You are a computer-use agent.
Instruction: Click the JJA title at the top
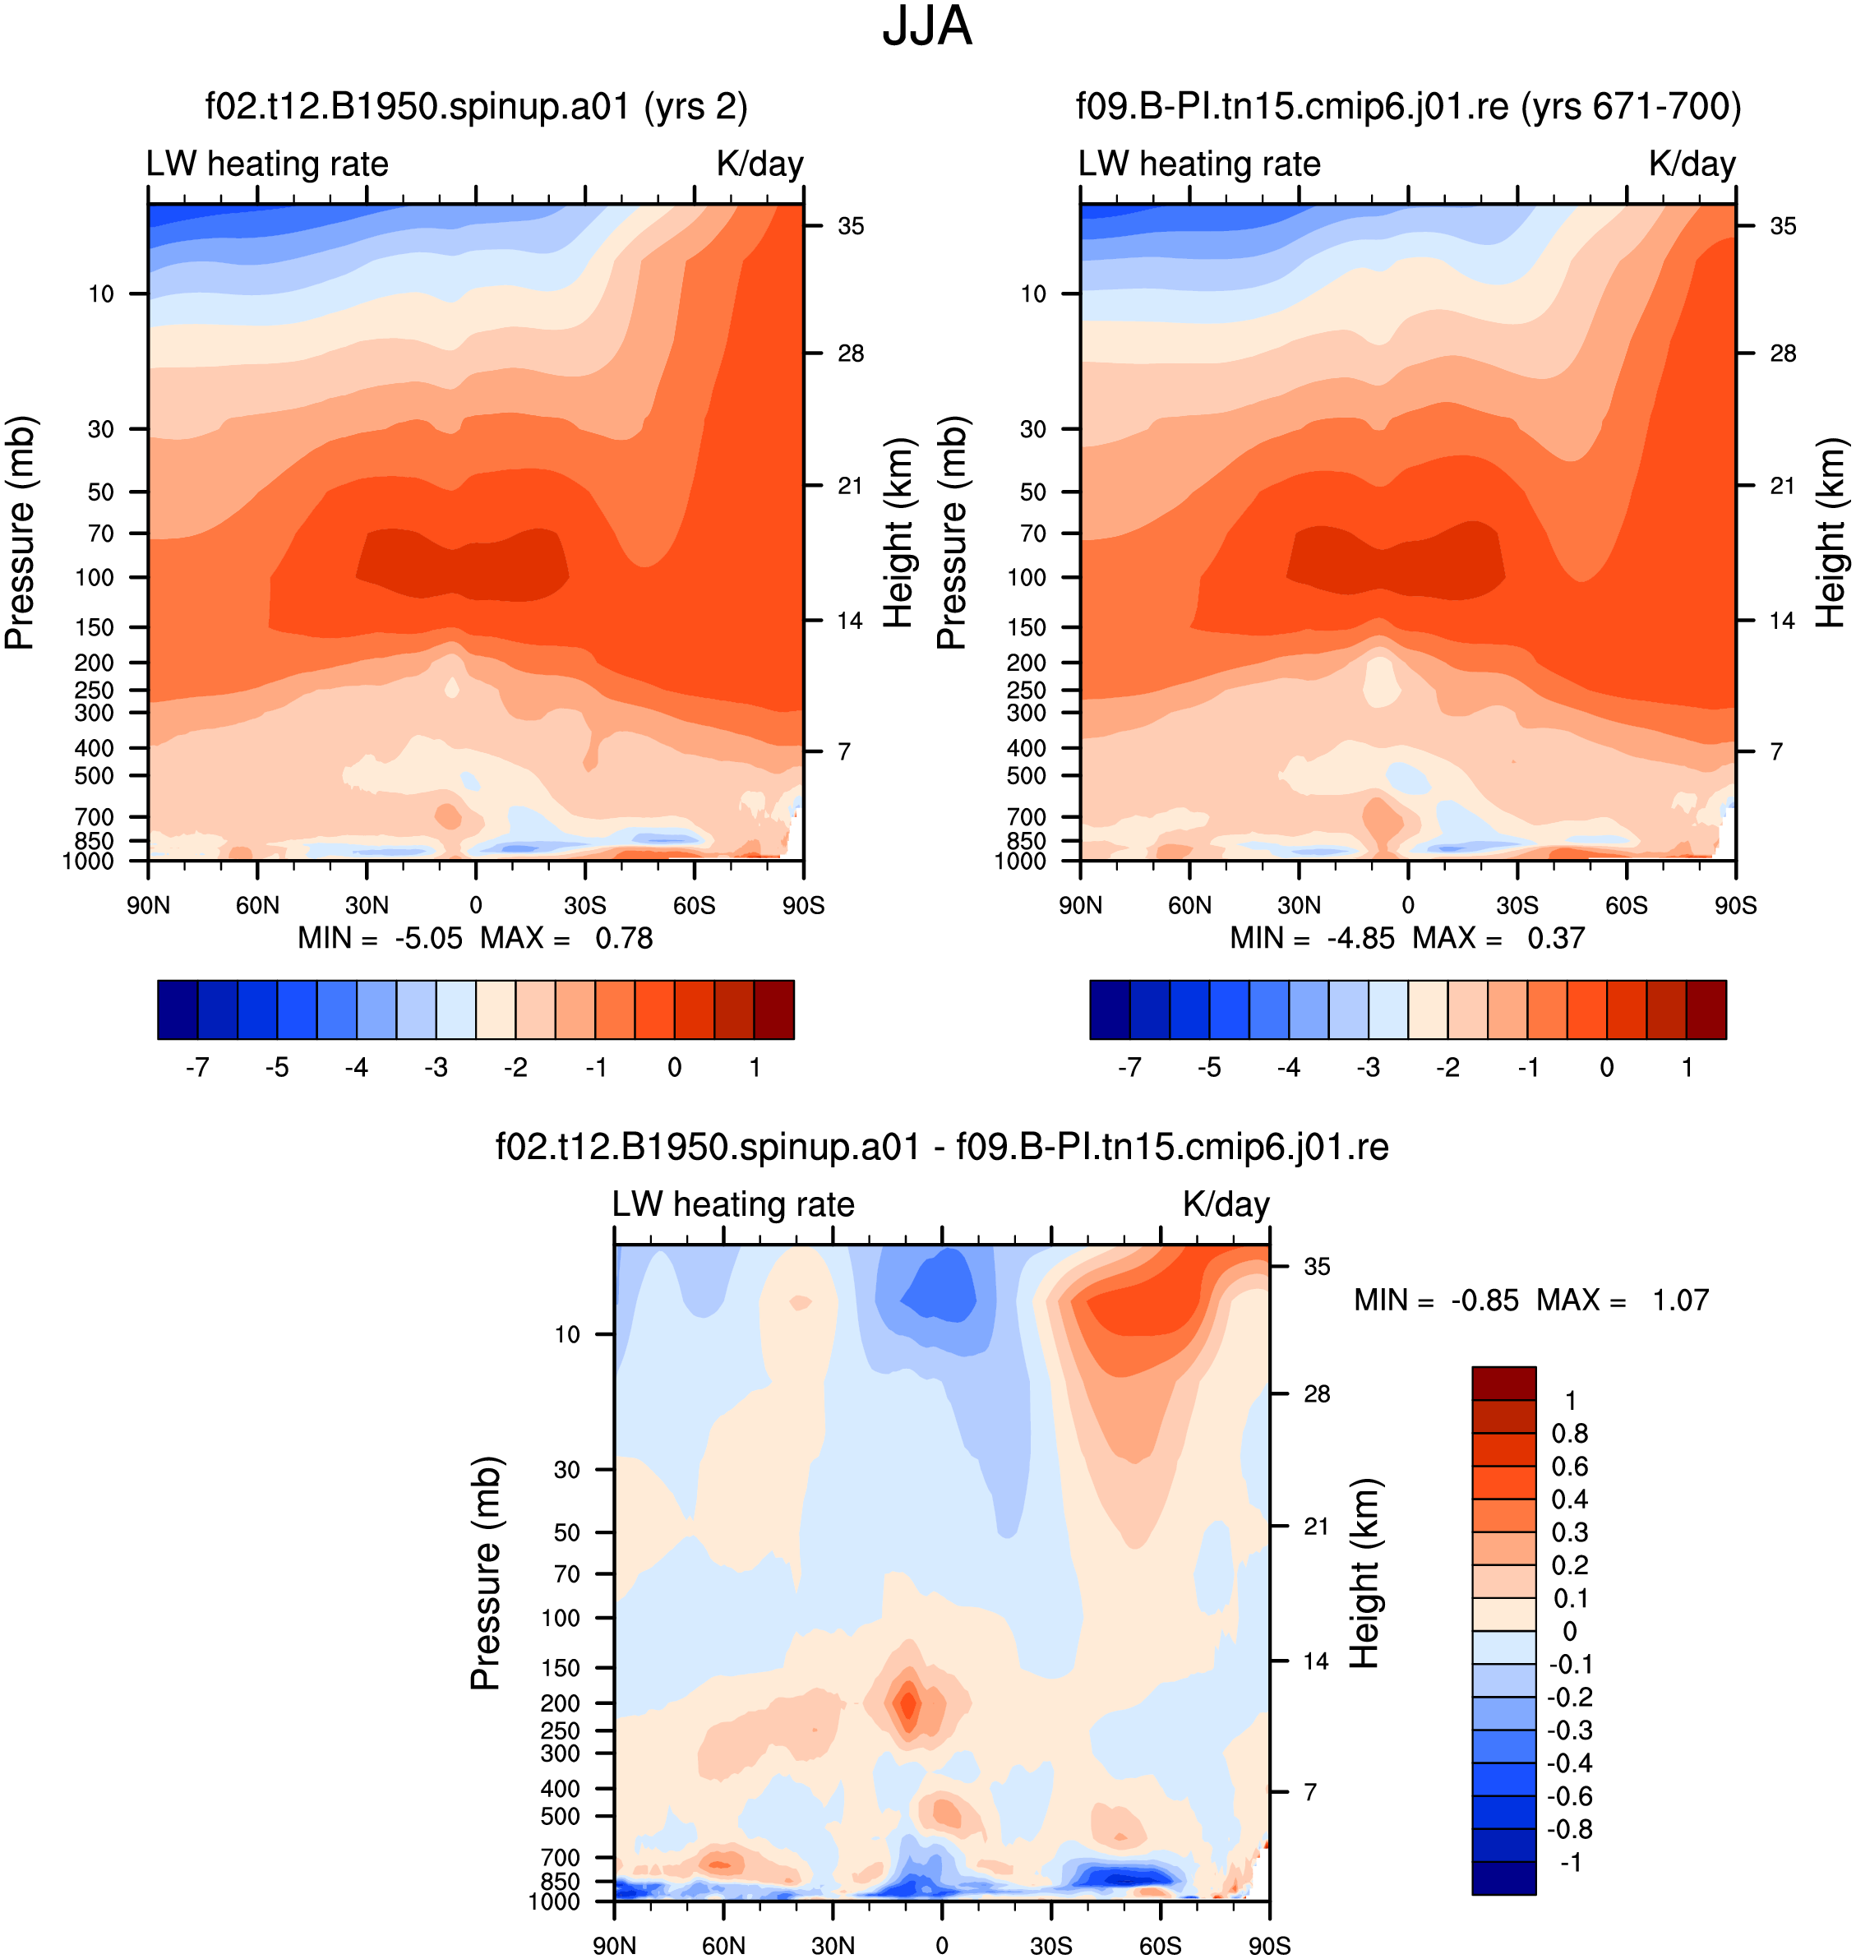point(927,26)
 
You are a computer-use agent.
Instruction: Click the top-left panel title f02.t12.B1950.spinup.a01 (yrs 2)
point(476,106)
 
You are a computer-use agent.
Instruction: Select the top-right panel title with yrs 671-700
point(1408,106)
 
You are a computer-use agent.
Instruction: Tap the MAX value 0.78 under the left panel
point(623,938)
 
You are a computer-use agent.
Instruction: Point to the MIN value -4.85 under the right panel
point(1360,938)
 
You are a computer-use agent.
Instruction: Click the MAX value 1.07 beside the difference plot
point(1680,1300)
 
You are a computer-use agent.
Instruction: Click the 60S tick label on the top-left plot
point(694,905)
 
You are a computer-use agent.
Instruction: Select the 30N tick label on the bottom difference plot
point(832,1945)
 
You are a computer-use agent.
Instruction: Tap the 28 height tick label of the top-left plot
point(850,353)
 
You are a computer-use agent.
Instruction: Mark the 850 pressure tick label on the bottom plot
point(560,1881)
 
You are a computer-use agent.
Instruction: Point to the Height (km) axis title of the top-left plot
point(898,533)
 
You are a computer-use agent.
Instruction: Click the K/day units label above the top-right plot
point(1692,164)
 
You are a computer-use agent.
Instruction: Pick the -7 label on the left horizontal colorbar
point(197,1066)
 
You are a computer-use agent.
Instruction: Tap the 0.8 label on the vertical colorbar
point(1569,1433)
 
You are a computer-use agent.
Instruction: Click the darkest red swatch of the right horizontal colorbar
point(1706,1010)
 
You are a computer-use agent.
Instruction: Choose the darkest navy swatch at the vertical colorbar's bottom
point(1504,1878)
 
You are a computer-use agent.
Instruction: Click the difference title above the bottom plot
point(942,1147)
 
